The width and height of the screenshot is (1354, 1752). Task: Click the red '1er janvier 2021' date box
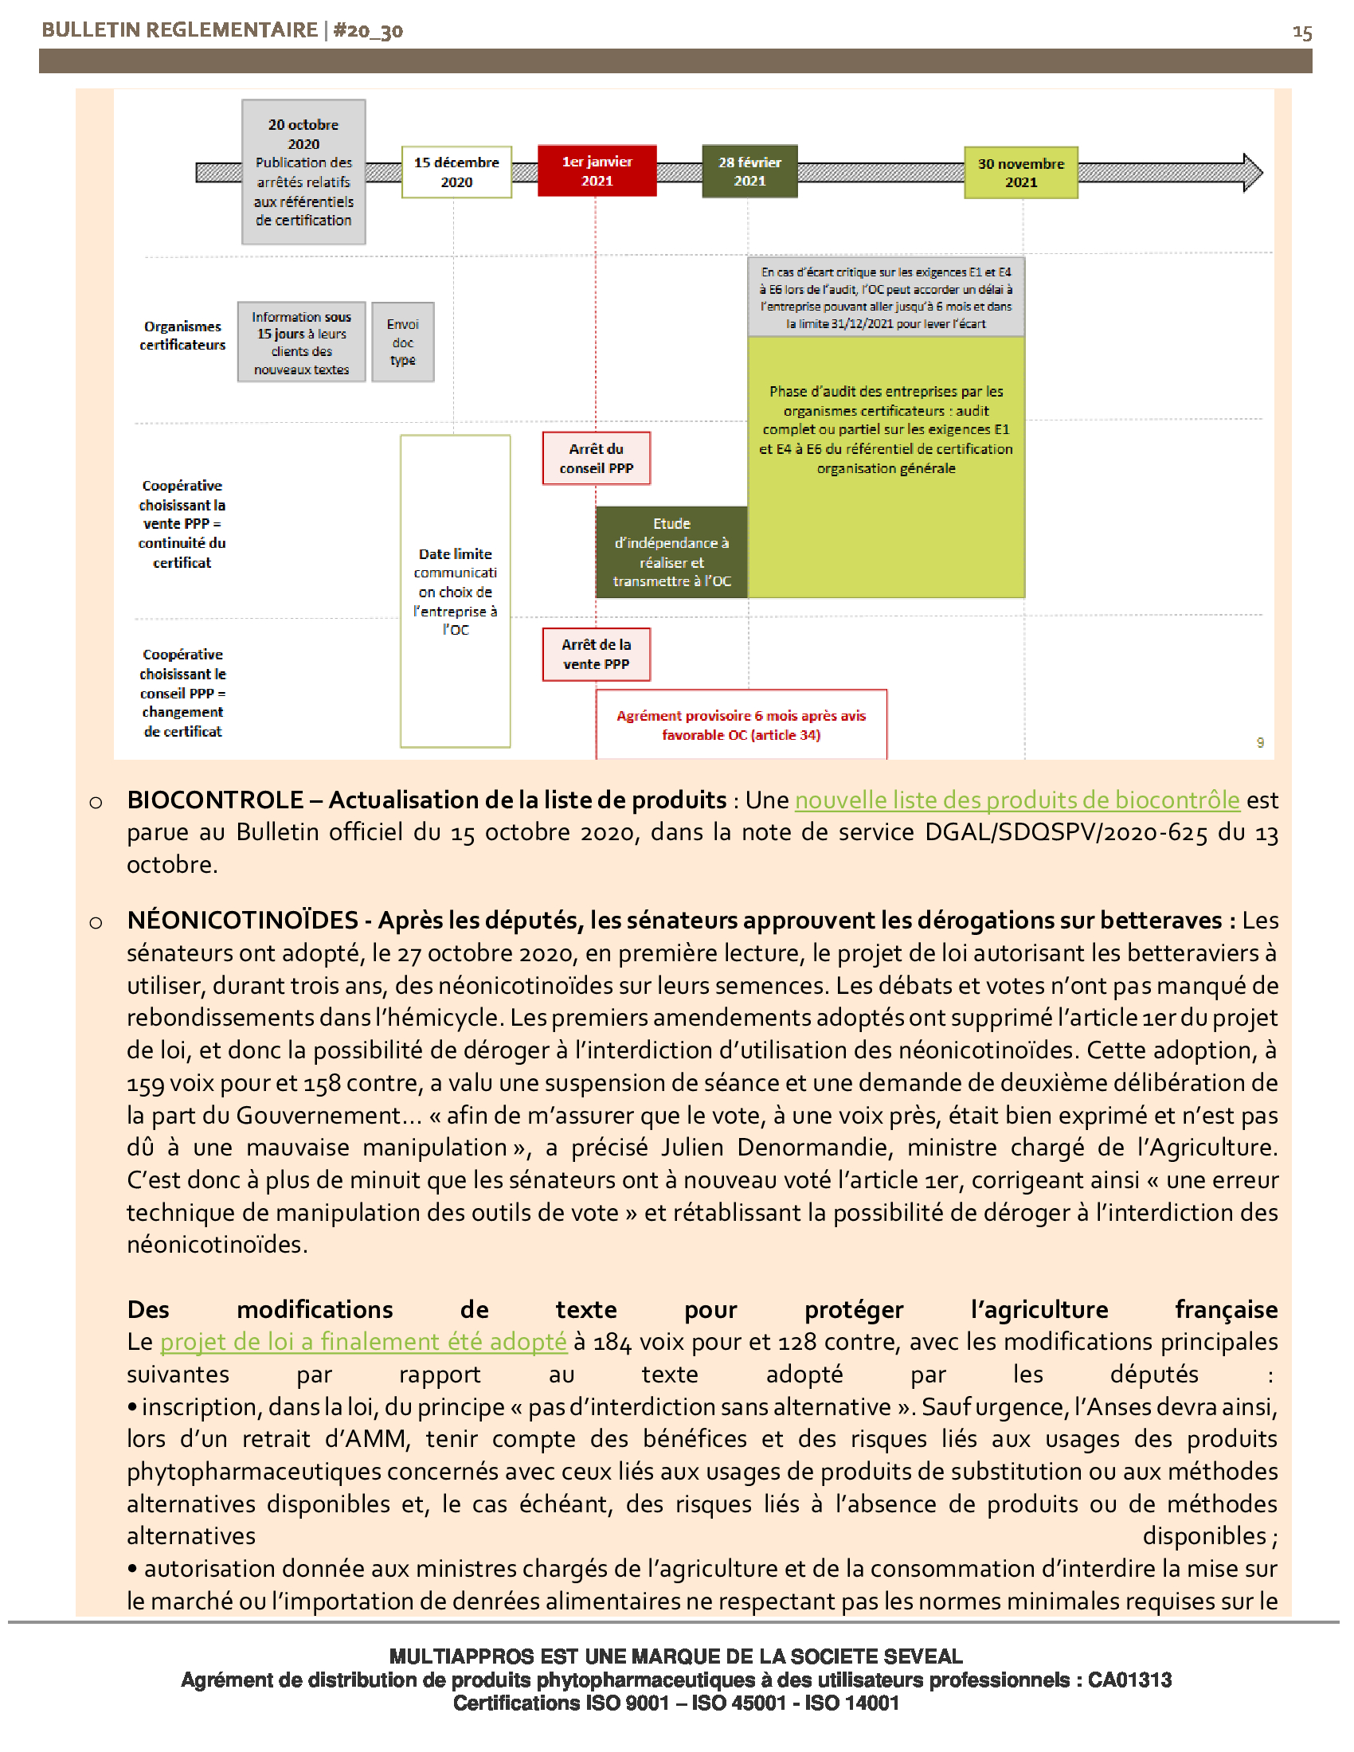pyautogui.click(x=597, y=171)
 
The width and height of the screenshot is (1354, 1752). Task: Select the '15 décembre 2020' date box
pyautogui.click(x=456, y=172)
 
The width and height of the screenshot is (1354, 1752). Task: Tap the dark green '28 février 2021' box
pyautogui.click(x=749, y=171)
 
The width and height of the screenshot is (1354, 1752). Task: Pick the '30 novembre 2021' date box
pyautogui.click(x=1020, y=173)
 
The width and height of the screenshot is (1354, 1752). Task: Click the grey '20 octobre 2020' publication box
pyautogui.click(x=303, y=172)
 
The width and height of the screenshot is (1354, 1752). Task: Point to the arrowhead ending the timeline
pyautogui.click(x=1252, y=173)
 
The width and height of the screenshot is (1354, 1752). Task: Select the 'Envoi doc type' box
pyautogui.click(x=403, y=342)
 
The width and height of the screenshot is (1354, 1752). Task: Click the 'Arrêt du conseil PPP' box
pyautogui.click(x=596, y=458)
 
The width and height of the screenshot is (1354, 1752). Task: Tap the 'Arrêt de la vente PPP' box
pyautogui.click(x=596, y=654)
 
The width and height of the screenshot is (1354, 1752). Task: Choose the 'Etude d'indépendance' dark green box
pyautogui.click(x=671, y=552)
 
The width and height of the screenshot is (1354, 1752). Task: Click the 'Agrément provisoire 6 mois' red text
pyautogui.click(x=741, y=725)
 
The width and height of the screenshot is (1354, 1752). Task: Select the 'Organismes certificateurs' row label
pyautogui.click(x=182, y=335)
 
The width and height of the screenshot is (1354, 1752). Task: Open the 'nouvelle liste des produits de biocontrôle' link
pyautogui.click(x=1016, y=800)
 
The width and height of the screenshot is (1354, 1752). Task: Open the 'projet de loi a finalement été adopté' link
pyautogui.click(x=362, y=1341)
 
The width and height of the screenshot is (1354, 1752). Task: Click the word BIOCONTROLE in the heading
pyautogui.click(x=215, y=800)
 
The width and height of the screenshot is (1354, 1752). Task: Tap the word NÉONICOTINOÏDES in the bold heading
pyautogui.click(x=242, y=920)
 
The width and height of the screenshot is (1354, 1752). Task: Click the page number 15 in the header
pyautogui.click(x=1301, y=33)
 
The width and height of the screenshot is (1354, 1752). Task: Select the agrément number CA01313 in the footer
pyautogui.click(x=1129, y=1680)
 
